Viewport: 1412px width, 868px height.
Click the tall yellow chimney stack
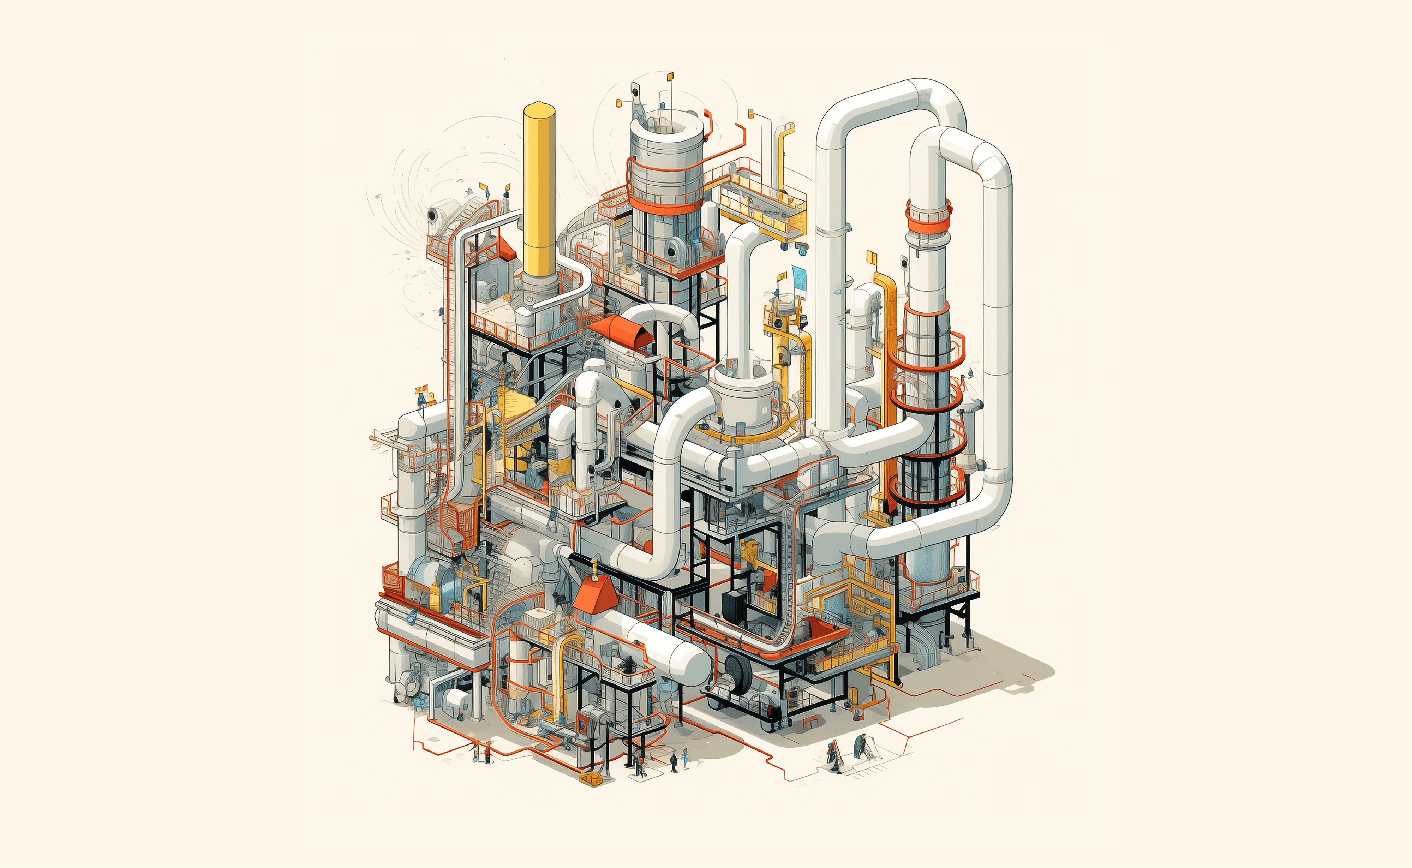click(x=539, y=190)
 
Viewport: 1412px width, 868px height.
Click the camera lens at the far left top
click(x=432, y=215)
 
